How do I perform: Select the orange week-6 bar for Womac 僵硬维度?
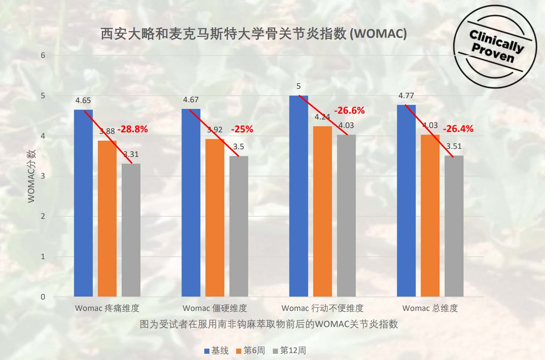(215, 218)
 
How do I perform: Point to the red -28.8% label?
(132, 129)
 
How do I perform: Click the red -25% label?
(242, 129)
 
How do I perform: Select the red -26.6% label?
(349, 110)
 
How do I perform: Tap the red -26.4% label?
(458, 129)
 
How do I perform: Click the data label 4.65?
(83, 100)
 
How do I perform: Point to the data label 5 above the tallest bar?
(299, 86)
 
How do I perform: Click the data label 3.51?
(454, 146)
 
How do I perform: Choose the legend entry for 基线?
(216, 350)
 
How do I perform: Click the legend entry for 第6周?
(250, 350)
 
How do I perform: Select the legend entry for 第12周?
(289, 350)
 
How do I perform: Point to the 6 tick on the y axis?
(43, 55)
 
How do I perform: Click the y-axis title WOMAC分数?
(32, 176)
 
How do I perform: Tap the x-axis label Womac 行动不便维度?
(322, 308)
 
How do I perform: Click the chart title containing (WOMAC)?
(253, 34)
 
